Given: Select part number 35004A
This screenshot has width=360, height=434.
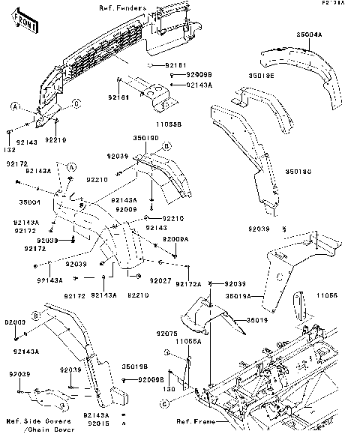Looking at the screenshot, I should click(x=308, y=34).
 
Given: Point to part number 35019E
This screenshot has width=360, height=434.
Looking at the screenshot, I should click(x=262, y=76).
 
